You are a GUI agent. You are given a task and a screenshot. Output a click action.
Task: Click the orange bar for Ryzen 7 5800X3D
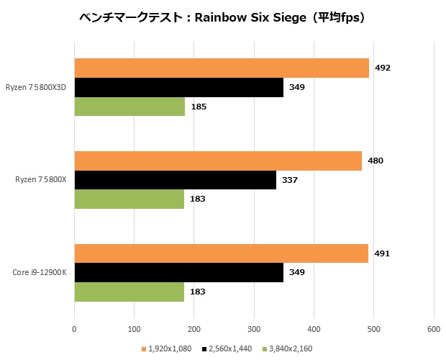coord(222,68)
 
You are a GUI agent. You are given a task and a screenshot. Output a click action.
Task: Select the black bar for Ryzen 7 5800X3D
coord(178,87)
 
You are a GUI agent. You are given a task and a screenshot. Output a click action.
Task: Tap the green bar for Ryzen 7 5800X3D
coord(129,107)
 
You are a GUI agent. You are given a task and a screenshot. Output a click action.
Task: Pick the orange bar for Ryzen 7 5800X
coord(218,161)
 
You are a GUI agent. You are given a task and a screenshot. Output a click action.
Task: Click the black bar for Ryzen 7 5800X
coord(175,180)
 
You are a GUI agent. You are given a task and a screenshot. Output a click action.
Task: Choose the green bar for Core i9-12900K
coord(129,292)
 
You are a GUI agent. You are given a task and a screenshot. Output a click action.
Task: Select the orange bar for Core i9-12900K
coord(221,253)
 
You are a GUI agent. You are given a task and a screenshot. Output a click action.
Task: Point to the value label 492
coord(383,68)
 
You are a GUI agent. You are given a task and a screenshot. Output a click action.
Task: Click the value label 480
coord(376,161)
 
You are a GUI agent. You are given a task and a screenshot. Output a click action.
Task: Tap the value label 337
coord(289,180)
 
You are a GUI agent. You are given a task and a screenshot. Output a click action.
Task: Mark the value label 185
coord(199,107)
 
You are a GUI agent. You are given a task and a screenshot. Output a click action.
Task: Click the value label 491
coord(382,253)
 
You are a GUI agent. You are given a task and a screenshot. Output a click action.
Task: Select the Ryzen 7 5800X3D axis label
coord(40,88)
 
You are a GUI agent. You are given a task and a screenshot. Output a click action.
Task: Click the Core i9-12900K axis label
coord(40,273)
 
